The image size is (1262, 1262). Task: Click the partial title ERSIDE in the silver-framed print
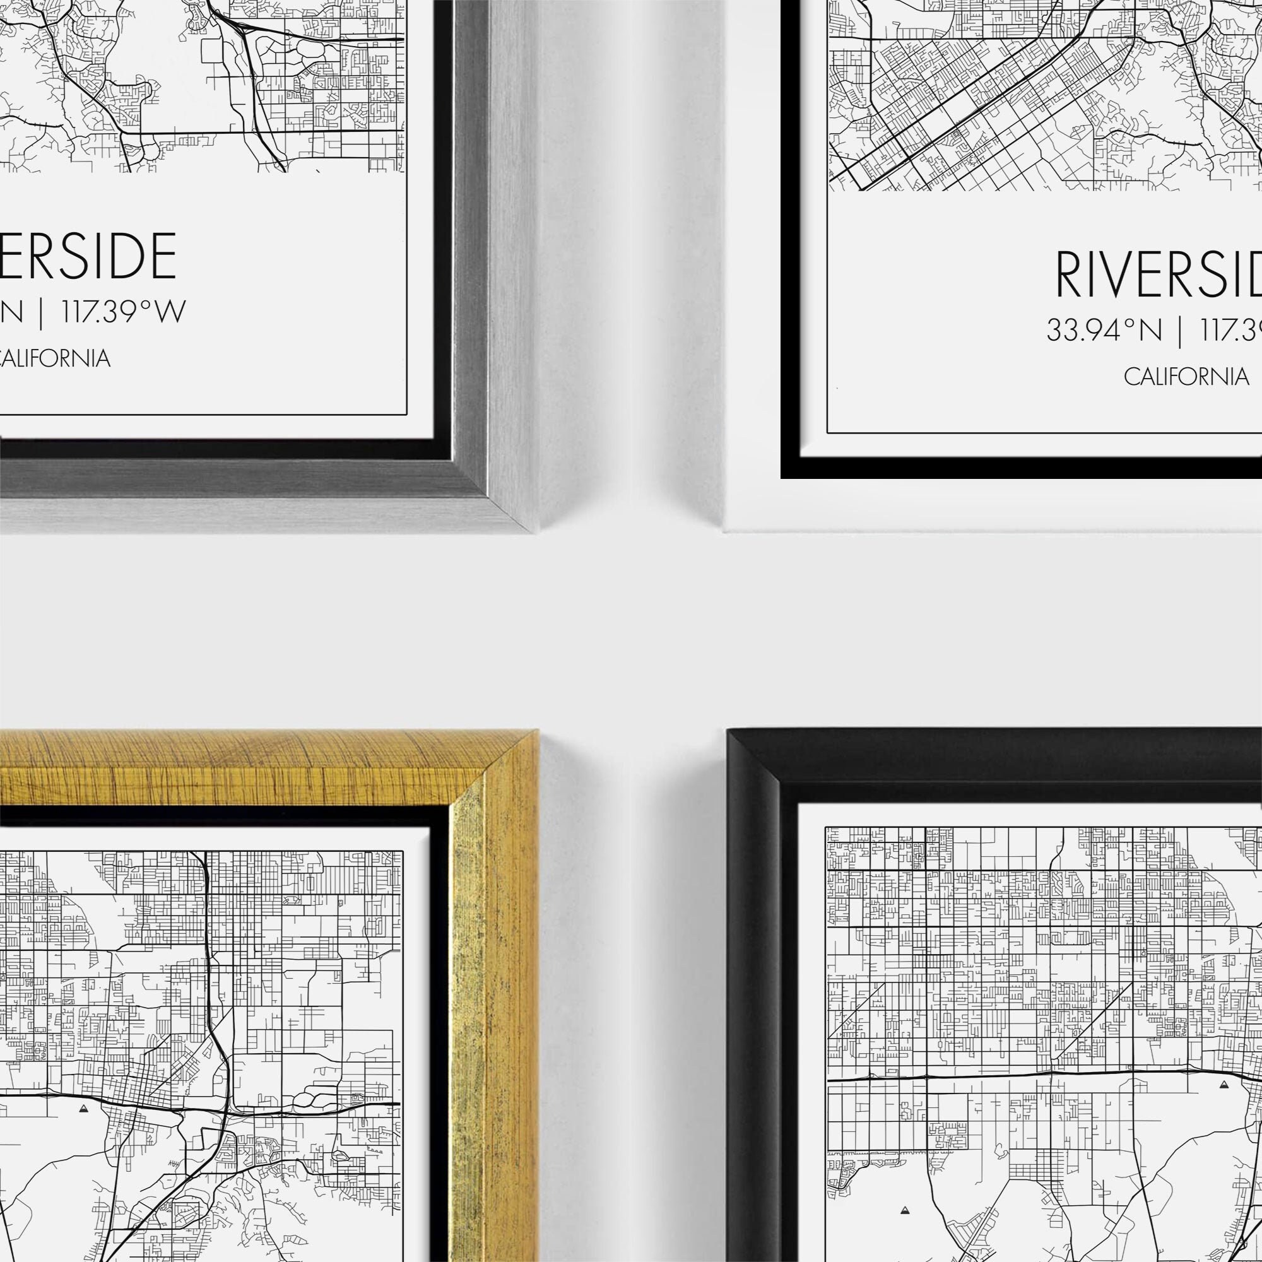[88, 256]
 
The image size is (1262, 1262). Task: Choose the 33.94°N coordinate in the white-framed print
[1104, 330]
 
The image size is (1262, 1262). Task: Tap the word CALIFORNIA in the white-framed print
[1186, 377]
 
